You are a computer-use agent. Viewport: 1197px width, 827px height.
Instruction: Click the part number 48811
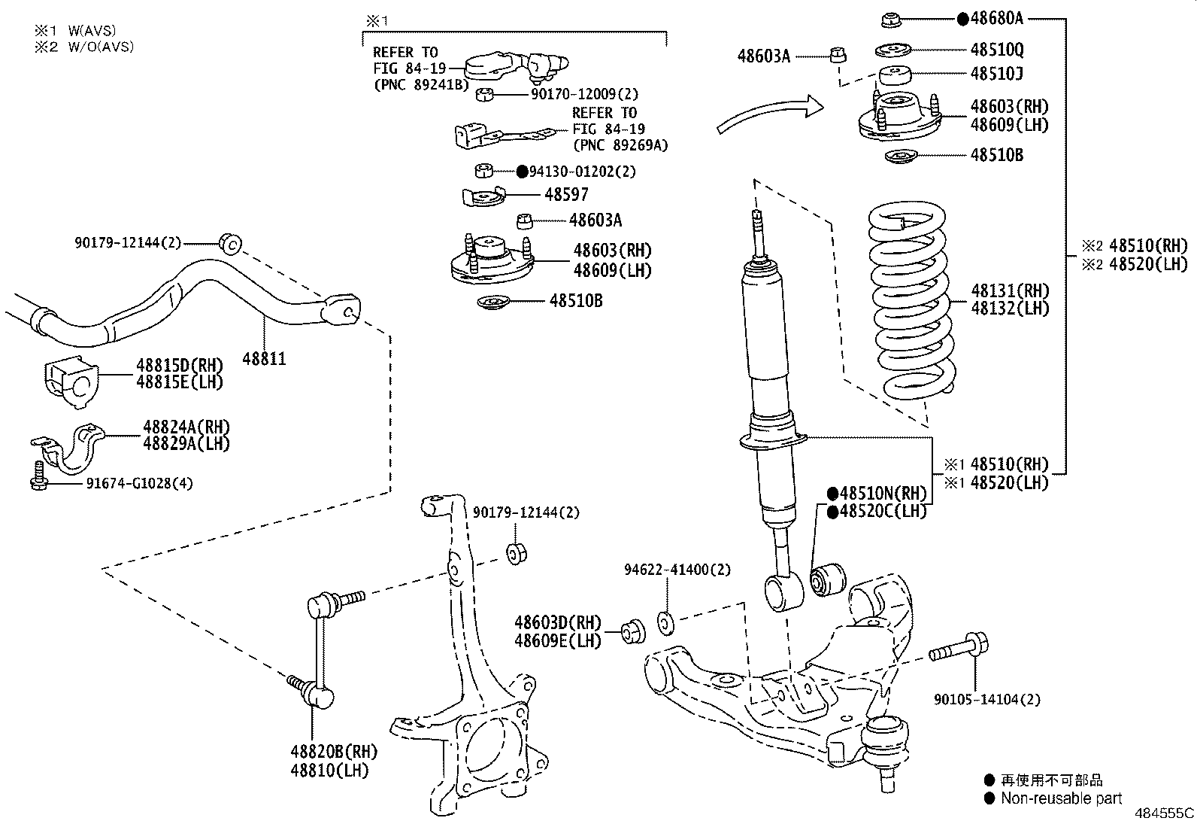(263, 359)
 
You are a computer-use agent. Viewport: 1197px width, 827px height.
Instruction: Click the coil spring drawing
(911, 301)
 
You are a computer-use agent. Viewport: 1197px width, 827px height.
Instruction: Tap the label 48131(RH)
(1009, 290)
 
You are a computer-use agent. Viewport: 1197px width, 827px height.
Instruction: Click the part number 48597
(566, 195)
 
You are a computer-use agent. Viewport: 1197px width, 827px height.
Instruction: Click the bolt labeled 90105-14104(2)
(959, 649)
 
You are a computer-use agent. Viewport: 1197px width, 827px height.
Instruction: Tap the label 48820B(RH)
(333, 751)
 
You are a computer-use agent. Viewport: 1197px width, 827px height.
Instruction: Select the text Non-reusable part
(1061, 798)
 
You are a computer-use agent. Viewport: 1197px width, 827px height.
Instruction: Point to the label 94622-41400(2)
(677, 570)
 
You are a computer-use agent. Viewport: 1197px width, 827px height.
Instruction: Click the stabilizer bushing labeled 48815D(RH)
(68, 382)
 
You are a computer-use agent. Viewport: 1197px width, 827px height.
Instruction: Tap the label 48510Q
(996, 50)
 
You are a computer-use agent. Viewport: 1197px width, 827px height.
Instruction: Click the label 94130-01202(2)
(582, 172)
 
